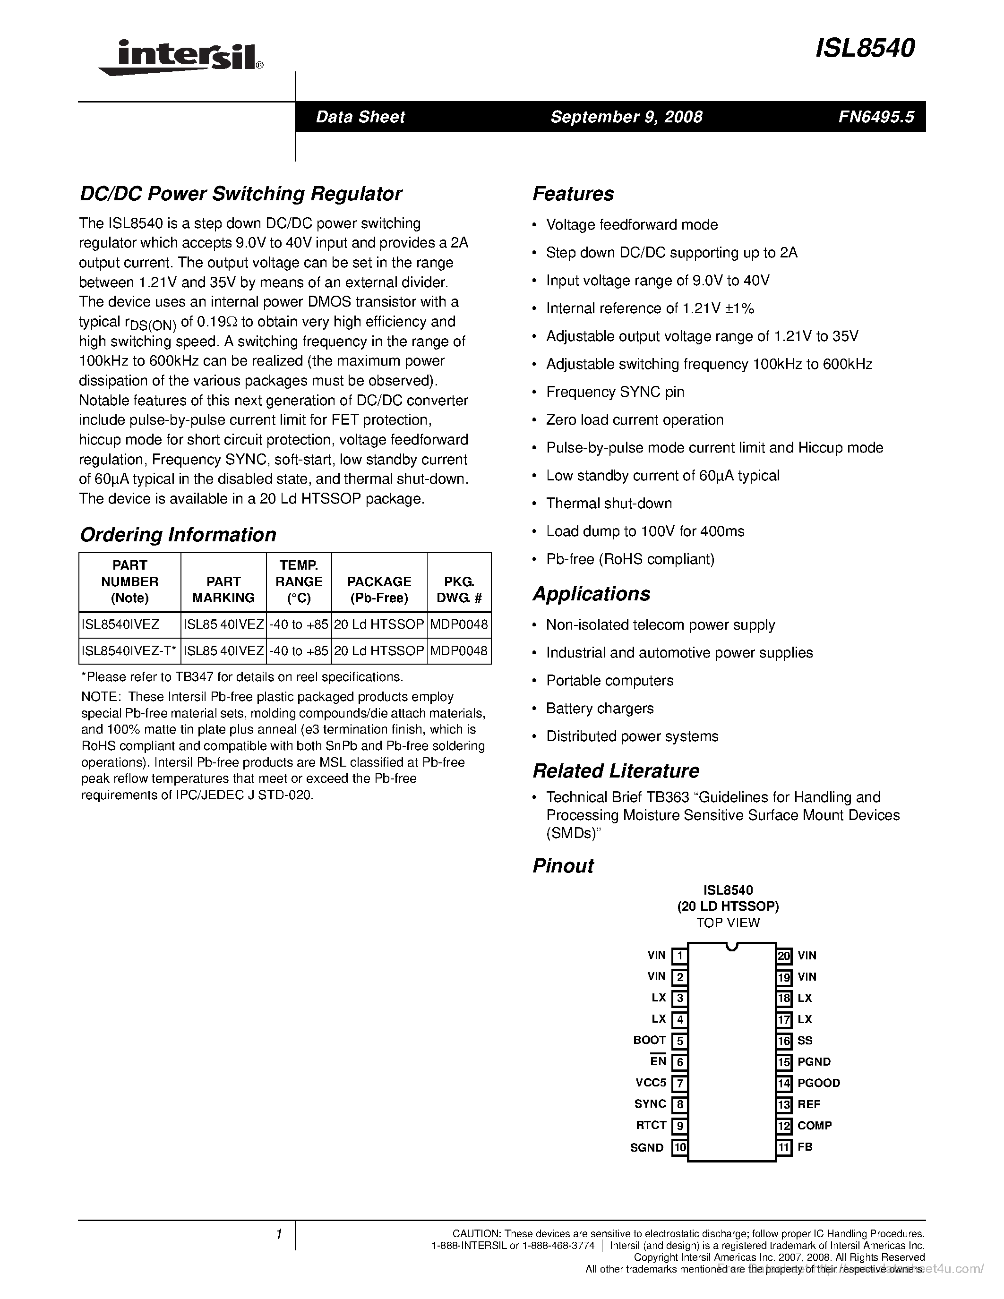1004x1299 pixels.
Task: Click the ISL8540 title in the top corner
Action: (x=864, y=48)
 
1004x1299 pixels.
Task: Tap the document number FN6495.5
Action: (x=875, y=117)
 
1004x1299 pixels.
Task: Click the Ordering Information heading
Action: (x=178, y=535)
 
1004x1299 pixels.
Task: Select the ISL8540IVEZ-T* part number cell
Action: (x=129, y=651)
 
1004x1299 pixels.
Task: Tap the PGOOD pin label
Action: (x=818, y=1083)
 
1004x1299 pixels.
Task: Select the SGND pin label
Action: (x=646, y=1147)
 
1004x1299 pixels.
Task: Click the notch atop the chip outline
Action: (x=731, y=947)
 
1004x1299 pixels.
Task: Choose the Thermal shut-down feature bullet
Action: (x=609, y=503)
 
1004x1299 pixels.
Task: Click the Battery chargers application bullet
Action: (x=600, y=709)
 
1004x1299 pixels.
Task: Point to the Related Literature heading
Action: (x=616, y=771)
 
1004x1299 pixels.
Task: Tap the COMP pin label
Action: (x=814, y=1125)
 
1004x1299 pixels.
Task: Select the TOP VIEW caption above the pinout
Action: (x=728, y=923)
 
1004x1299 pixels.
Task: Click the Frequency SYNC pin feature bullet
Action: (x=615, y=392)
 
